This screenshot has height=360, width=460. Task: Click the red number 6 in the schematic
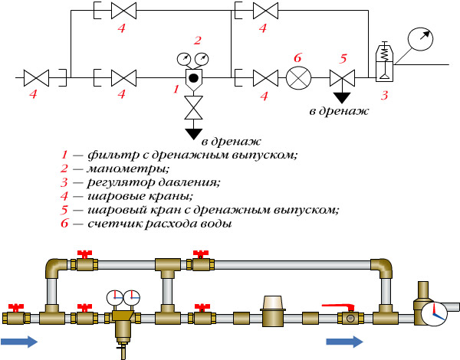point(297,57)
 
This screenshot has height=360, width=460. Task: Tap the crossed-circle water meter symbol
point(297,77)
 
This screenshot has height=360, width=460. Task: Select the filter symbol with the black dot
point(193,77)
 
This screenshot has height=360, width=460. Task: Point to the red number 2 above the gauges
point(197,40)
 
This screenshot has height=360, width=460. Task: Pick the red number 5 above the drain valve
point(343,57)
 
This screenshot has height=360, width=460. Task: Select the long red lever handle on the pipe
point(338,306)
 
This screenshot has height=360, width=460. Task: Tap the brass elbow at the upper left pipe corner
point(54,268)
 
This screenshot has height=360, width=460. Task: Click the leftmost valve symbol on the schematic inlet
point(36,77)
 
